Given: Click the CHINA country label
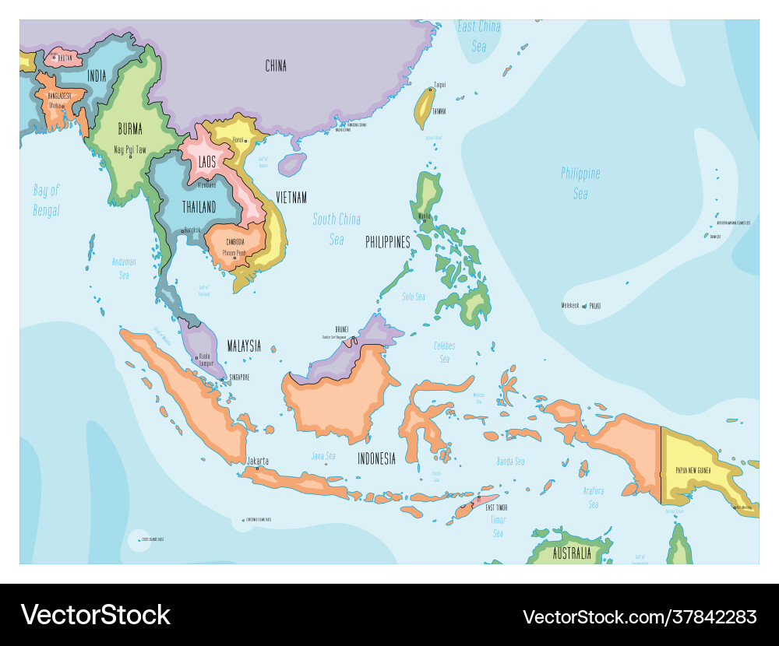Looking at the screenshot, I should [x=276, y=66].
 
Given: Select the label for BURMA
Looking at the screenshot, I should [x=130, y=128].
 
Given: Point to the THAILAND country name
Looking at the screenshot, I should [x=199, y=207].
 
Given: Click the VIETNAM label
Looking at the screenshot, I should [x=290, y=198].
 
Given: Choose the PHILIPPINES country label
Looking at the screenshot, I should [x=388, y=243].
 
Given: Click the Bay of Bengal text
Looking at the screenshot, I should [x=46, y=200].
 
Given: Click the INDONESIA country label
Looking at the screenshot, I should [x=376, y=458].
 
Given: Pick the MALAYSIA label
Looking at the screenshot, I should [x=244, y=346].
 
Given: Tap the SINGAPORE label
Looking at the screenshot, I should [x=238, y=377].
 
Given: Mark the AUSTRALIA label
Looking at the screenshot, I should [x=572, y=554].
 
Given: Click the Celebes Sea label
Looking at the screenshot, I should [x=444, y=352].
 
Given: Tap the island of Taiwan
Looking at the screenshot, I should [x=423, y=109].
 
